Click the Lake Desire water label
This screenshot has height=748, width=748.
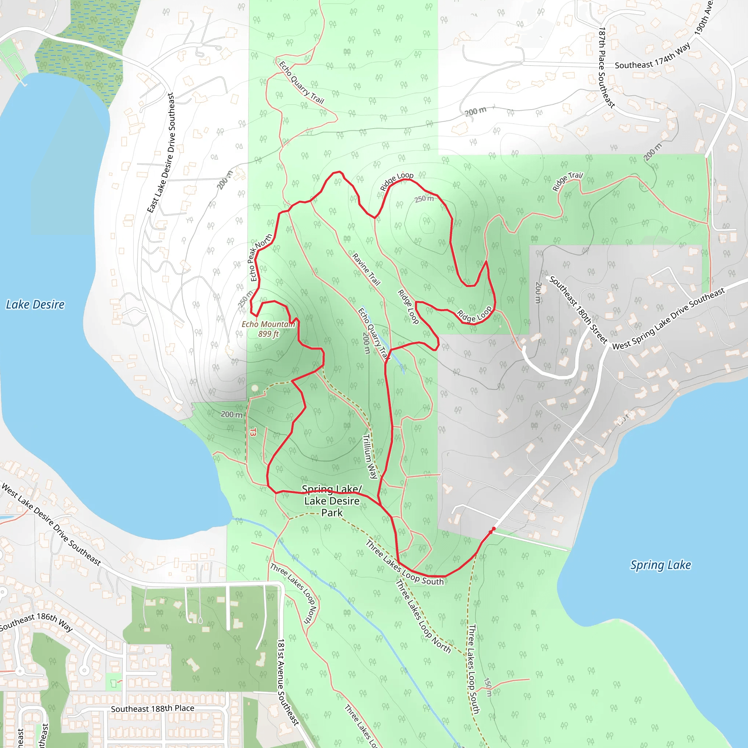click(35, 305)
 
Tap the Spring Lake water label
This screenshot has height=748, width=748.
click(660, 565)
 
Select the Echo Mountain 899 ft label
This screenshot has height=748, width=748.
click(268, 329)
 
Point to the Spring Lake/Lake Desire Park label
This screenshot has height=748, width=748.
click(332, 501)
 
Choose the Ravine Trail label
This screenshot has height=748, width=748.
click(366, 269)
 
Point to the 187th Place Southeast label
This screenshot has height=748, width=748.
click(606, 67)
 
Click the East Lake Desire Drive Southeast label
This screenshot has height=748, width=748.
click(161, 153)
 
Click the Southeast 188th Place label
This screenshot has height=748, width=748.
click(153, 709)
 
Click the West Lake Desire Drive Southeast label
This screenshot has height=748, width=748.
click(51, 524)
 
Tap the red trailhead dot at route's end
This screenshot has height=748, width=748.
click(493, 529)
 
